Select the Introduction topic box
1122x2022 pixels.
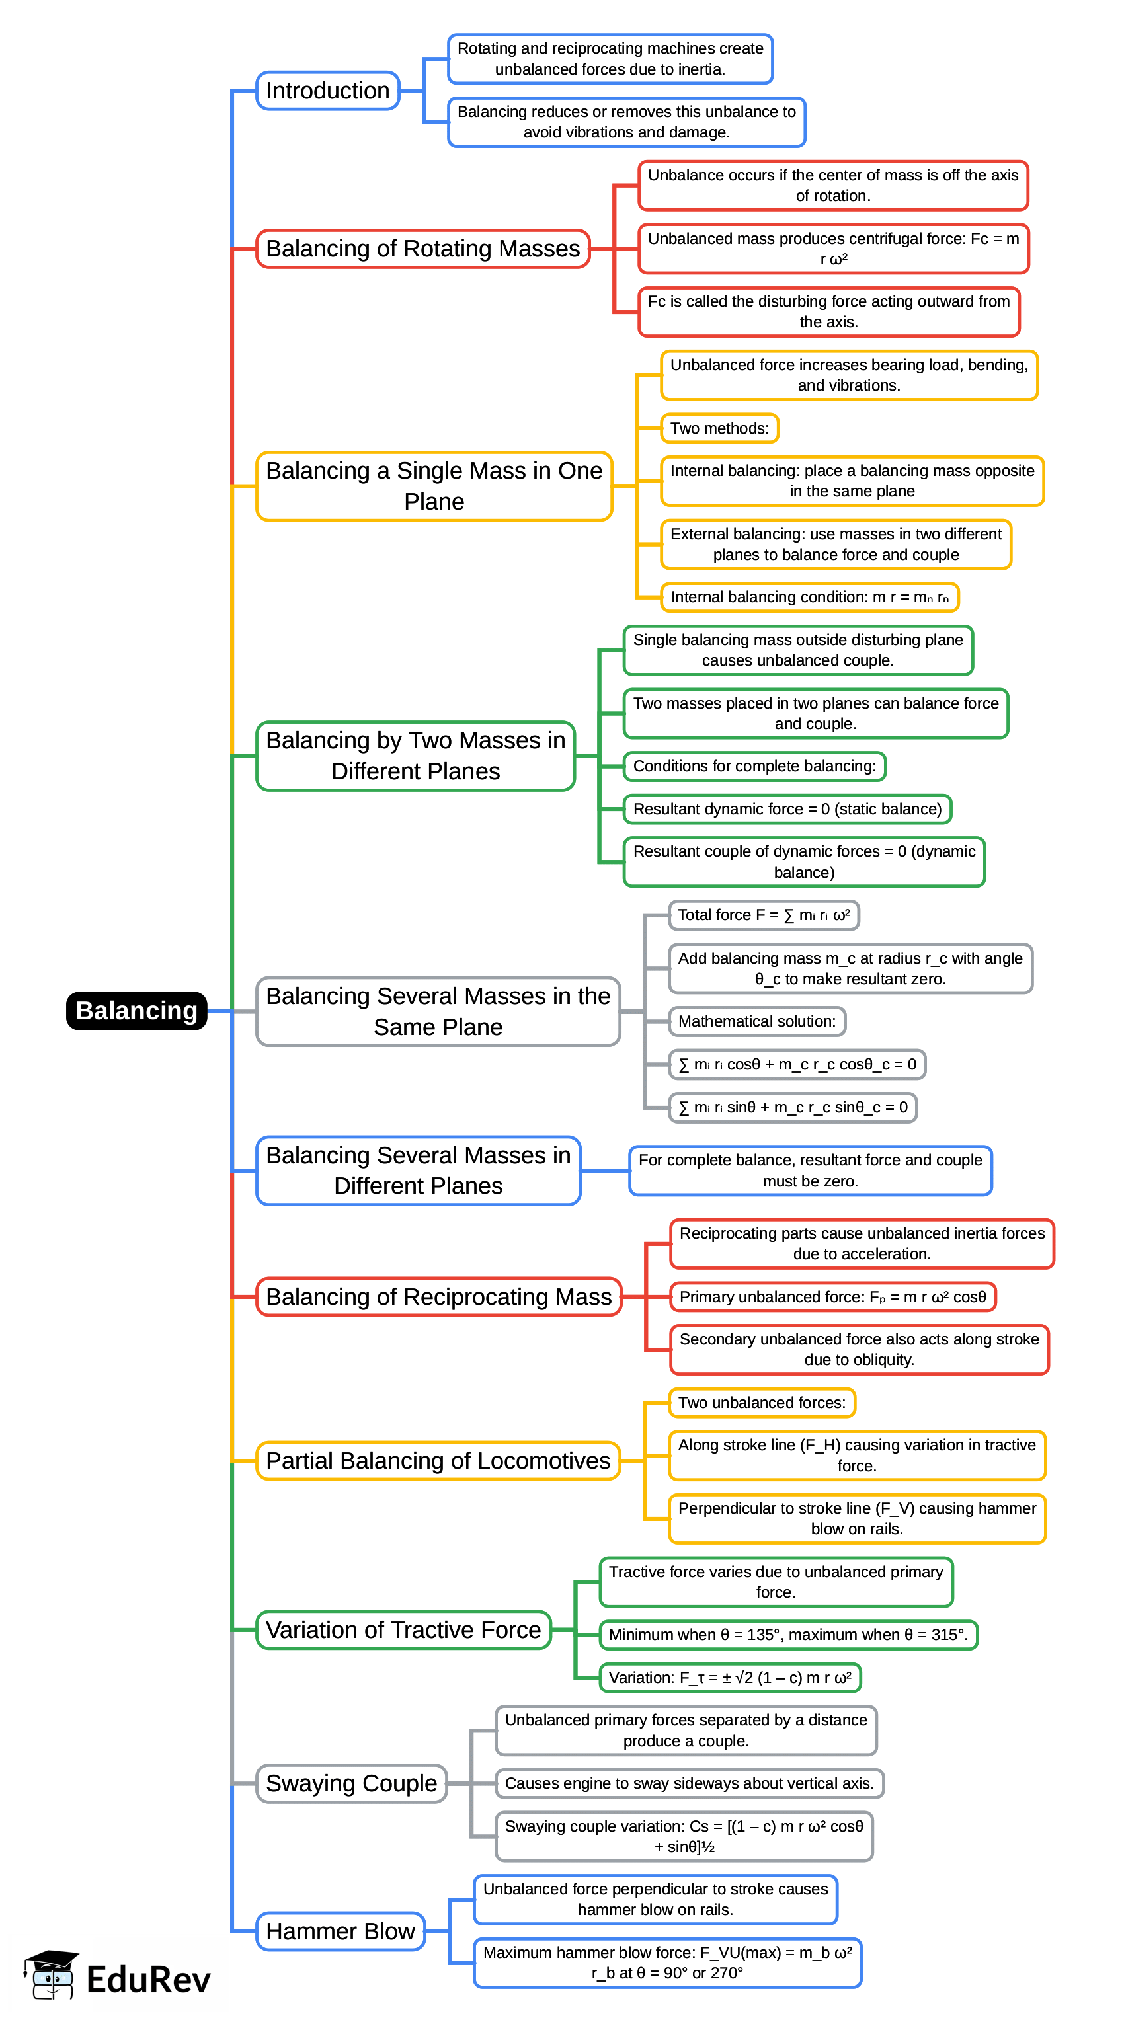point(327,91)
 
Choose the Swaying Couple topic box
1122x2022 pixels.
point(351,1783)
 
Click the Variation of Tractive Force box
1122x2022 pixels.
point(403,1629)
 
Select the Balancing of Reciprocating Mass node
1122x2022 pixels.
point(438,1296)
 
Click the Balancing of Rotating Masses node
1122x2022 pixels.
point(422,248)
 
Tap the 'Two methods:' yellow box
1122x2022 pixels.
point(719,428)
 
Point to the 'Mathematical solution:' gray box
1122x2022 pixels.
point(756,1021)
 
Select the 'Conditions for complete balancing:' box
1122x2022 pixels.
point(754,765)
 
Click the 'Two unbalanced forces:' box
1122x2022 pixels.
point(761,1402)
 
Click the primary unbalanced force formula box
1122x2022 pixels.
point(832,1296)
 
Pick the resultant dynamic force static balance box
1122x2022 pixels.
point(787,808)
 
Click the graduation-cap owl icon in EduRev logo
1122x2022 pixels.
point(51,1974)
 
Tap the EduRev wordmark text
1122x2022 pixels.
point(148,1979)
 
